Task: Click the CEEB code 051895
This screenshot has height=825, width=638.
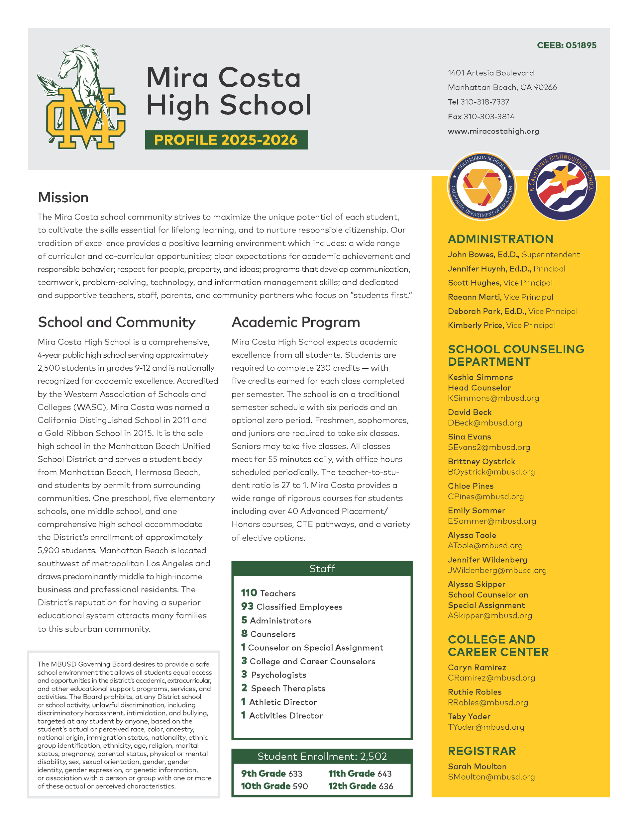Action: [x=581, y=45]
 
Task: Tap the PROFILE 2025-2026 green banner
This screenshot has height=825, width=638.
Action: [x=226, y=140]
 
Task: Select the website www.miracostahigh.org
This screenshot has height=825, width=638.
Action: [x=493, y=131]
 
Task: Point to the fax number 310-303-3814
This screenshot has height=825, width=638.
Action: [x=489, y=116]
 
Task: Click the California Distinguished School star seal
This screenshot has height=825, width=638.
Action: [x=562, y=186]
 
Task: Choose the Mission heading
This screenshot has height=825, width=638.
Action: [x=63, y=197]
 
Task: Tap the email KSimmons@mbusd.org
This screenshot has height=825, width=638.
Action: [x=493, y=398]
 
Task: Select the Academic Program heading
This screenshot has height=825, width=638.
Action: [x=295, y=322]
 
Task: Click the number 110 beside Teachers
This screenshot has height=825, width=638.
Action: [x=249, y=593]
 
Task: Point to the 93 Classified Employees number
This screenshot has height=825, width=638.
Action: [x=247, y=606]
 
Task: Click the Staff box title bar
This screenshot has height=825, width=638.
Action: [x=322, y=569]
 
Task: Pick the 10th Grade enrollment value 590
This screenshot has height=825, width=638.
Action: [x=300, y=786]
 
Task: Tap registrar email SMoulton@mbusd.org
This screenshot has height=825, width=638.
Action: [x=491, y=777]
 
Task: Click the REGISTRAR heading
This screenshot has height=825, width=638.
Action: [x=481, y=751]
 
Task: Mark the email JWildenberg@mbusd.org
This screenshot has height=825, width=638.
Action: [x=497, y=570]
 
